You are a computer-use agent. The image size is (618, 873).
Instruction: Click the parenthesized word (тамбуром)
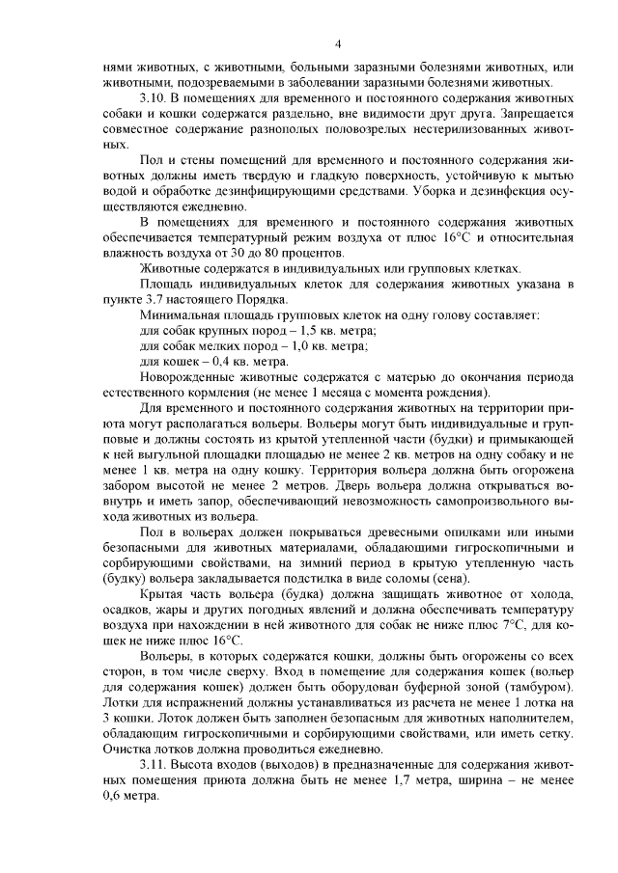[x=534, y=687]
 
